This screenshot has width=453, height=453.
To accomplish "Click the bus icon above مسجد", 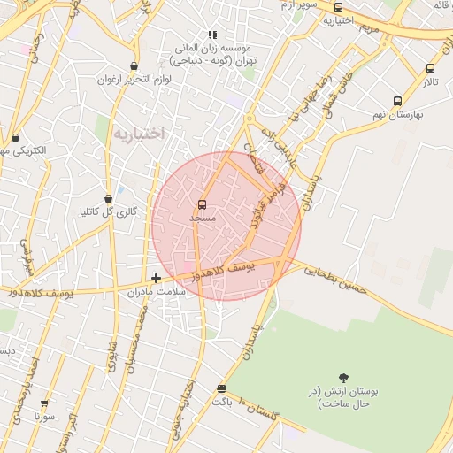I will coord(203,204).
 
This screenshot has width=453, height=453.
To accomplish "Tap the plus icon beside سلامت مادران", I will coord(157,278).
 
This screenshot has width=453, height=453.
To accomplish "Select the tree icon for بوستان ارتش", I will coord(342,379).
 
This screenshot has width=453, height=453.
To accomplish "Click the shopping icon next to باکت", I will coord(221,388).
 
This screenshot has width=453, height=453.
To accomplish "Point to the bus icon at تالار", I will coord(430,68).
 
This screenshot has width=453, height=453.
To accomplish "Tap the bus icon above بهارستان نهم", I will coord(397,101).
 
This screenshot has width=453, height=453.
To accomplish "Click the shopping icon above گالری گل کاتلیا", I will coord(108,198).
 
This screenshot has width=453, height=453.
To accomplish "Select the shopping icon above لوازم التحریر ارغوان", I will coord(134,65).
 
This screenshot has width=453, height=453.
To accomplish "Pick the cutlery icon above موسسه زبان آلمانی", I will coord(212,35).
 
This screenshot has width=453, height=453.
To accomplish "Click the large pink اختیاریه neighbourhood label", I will coord(140,134).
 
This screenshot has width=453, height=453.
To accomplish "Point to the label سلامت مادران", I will coord(158,292).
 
